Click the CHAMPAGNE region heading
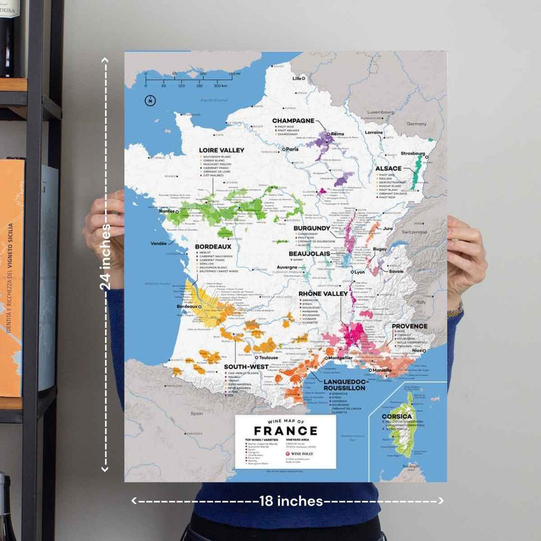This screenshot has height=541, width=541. (293, 120)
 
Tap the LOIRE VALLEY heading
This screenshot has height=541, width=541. (221, 150)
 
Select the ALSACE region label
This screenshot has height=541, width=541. (389, 168)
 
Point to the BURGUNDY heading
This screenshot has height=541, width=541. (312, 228)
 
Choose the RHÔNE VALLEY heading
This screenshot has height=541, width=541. (323, 294)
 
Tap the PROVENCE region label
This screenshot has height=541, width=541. (410, 326)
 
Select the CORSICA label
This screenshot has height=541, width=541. (397, 416)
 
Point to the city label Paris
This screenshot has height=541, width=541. (293, 149)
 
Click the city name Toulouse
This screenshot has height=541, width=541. (267, 357)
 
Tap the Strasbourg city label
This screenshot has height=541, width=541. (413, 153)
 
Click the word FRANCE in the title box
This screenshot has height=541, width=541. (285, 431)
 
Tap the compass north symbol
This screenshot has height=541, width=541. (150, 100)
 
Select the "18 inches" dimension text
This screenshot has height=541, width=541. (290, 500)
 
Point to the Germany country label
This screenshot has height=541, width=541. (416, 123)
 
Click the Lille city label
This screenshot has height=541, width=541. (298, 79)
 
